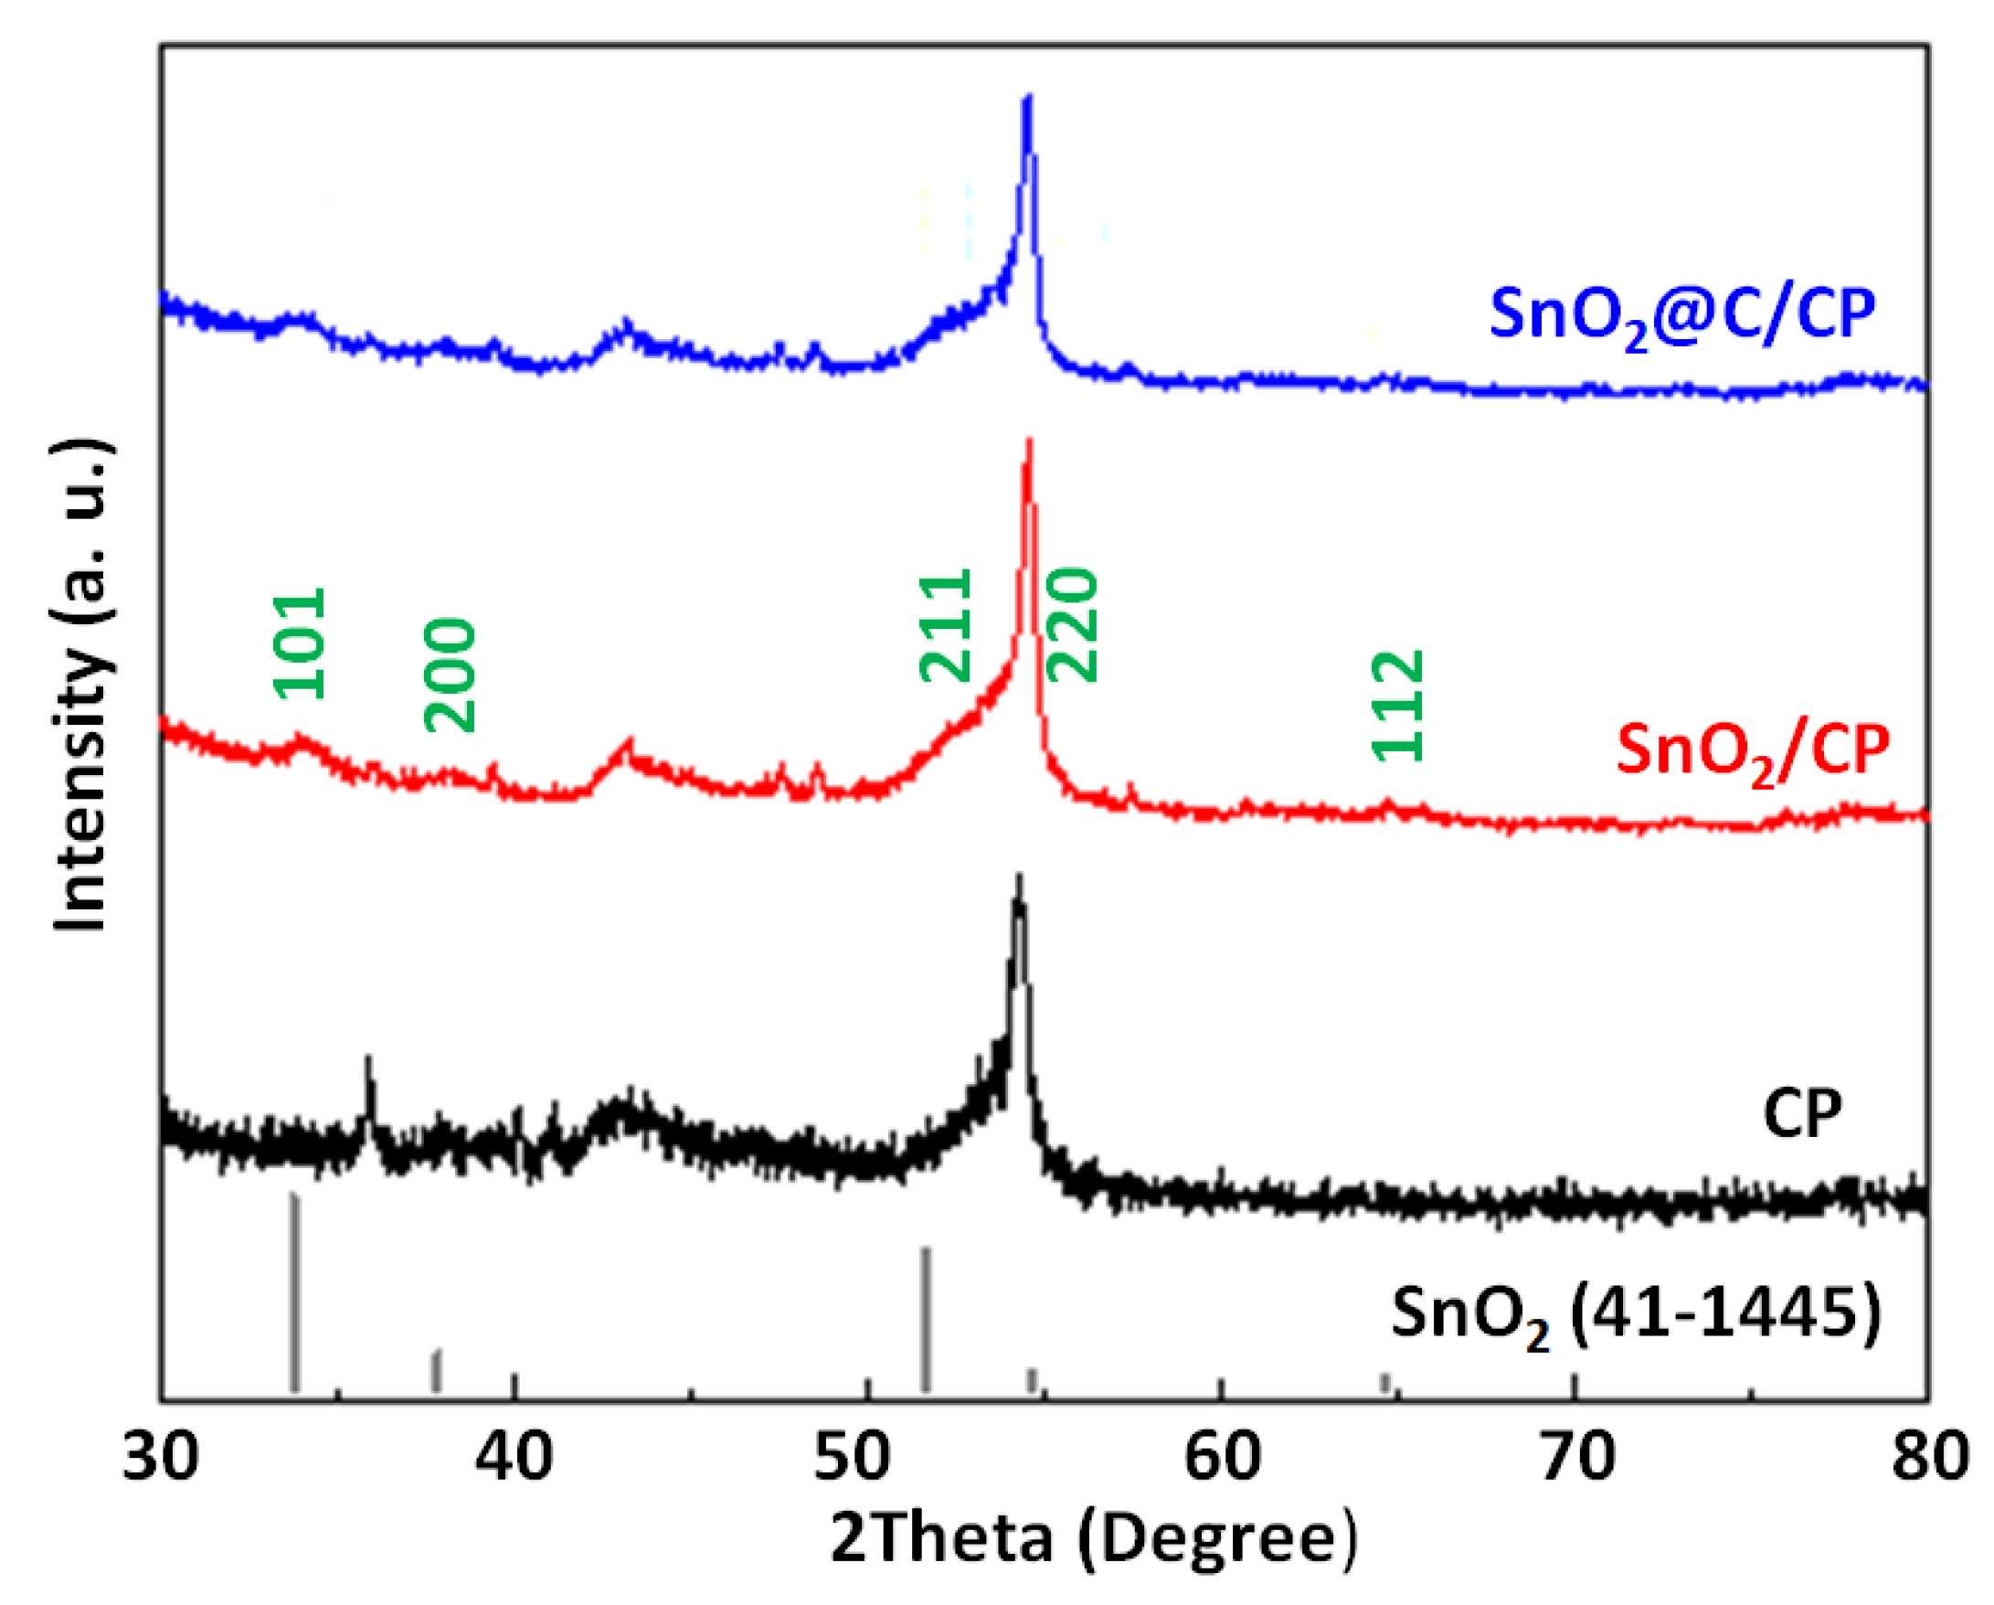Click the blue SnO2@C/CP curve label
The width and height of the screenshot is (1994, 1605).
coord(1681,317)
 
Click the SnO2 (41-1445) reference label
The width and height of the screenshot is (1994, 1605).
coord(1635,1315)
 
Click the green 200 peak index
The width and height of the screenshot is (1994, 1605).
coord(451,676)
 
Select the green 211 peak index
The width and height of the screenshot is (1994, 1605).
coord(946,626)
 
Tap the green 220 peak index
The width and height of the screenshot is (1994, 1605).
coord(1072,626)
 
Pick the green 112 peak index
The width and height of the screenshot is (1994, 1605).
coord(1396,707)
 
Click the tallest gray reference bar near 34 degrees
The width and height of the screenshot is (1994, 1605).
coord(294,1295)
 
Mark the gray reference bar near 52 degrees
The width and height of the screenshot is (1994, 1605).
coord(926,1321)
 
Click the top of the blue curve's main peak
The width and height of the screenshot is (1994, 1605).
coord(1026,97)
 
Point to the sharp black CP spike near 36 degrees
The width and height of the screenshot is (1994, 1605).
coord(368,1059)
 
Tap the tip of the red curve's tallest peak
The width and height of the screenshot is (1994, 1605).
coord(1028,441)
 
